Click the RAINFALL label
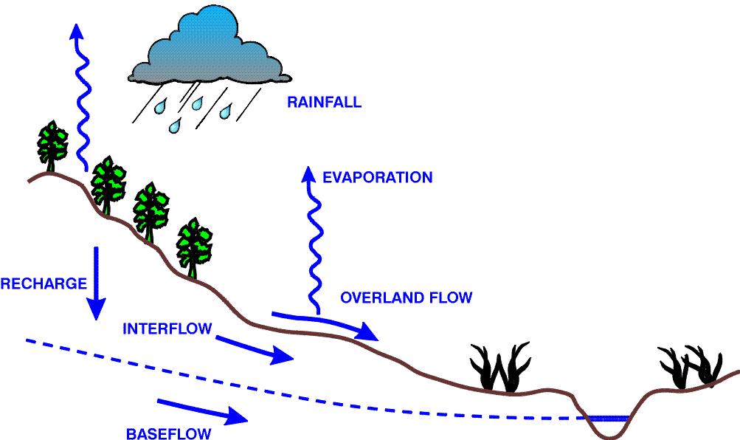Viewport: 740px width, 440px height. (324, 103)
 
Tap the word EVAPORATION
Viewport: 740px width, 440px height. (378, 177)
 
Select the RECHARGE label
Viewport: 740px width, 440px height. (44, 283)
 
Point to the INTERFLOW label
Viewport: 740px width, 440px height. (167, 329)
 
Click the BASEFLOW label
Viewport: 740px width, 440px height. (168, 433)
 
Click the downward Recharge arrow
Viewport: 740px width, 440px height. (96, 283)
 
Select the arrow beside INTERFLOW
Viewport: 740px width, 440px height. (255, 349)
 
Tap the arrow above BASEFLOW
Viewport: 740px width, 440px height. (202, 410)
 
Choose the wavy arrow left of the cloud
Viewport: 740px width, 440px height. (81, 97)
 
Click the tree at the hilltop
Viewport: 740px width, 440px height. (52, 146)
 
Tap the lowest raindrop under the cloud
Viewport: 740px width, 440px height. (176, 126)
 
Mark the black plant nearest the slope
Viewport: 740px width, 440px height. (500, 368)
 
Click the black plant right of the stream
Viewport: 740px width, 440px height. (691, 367)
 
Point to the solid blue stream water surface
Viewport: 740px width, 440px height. (606, 419)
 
